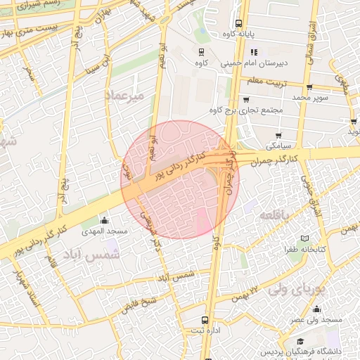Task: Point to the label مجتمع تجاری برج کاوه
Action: click(x=246, y=110)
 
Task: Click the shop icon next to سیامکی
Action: click(x=279, y=135)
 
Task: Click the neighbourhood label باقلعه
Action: click(x=271, y=214)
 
